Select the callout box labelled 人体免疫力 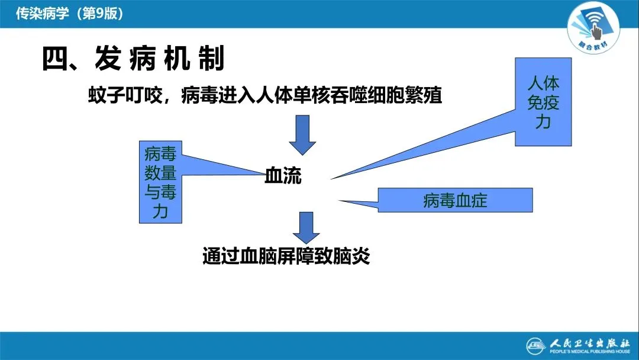pyautogui.click(x=543, y=102)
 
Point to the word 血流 pyautogui.click(x=283, y=176)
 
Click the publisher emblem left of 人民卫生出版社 pyautogui.click(x=536, y=345)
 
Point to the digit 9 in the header pyautogui.click(x=98, y=14)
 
